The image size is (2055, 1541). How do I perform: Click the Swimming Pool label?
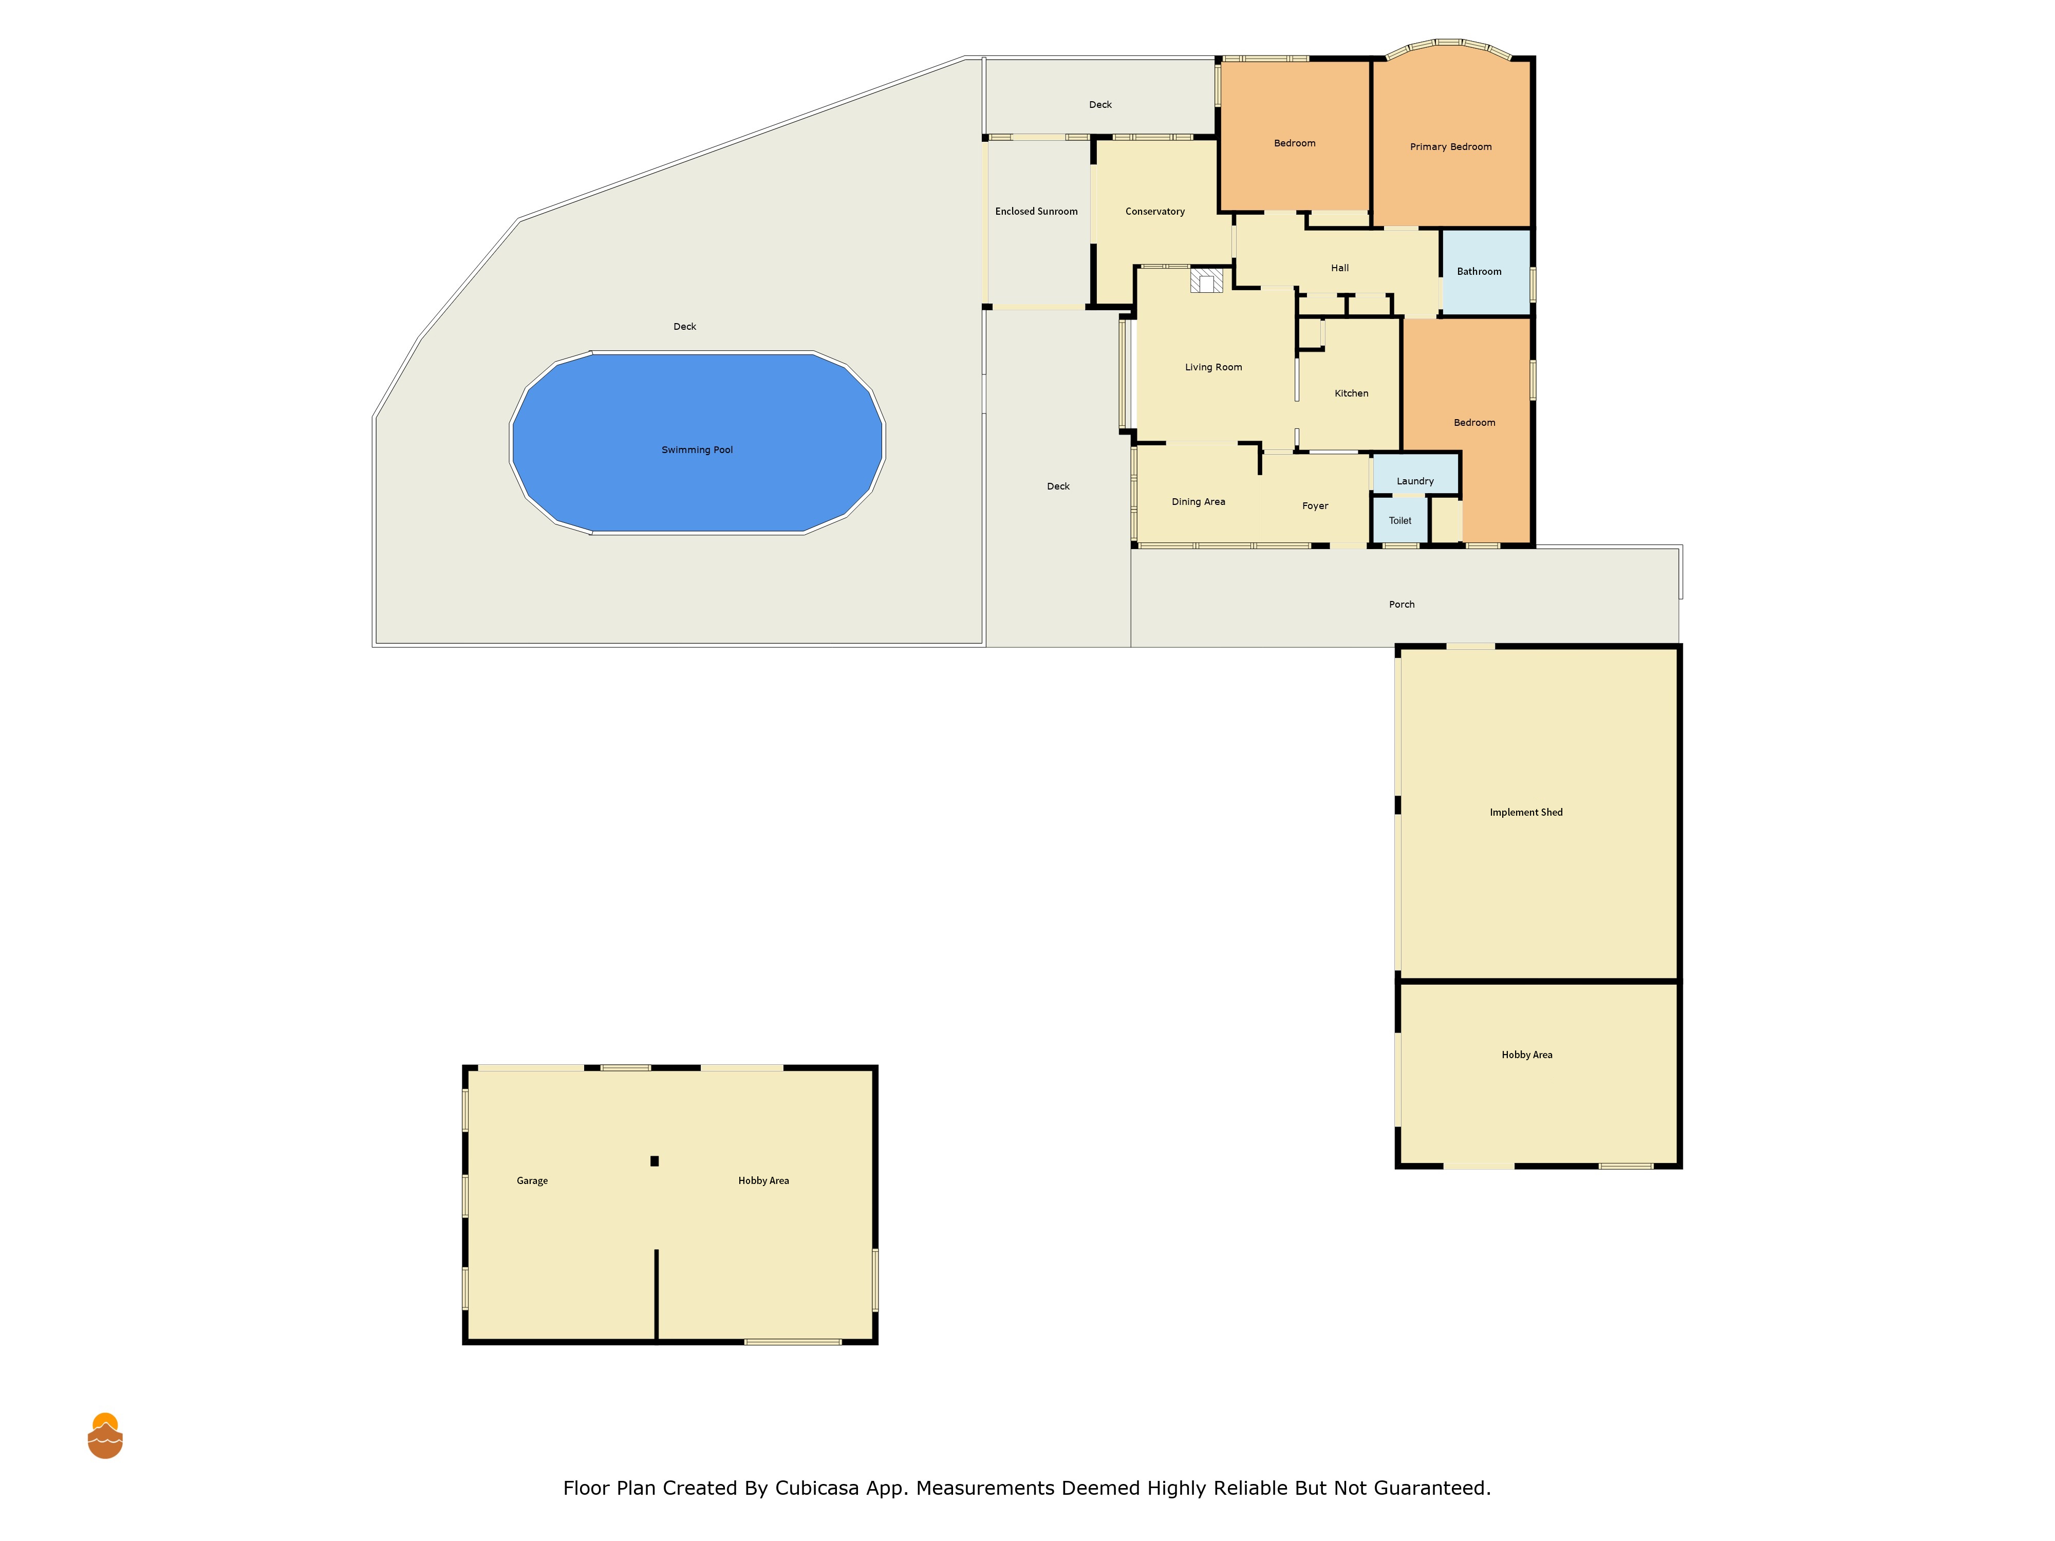[697, 449]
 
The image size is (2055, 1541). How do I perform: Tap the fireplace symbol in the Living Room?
[1207, 280]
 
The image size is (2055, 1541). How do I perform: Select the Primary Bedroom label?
[1450, 147]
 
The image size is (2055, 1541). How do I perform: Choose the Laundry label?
[1415, 481]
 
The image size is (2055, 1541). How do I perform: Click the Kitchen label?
[1352, 393]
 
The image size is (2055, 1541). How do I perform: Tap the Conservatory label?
[1155, 212]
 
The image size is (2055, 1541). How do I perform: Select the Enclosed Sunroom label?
[1036, 212]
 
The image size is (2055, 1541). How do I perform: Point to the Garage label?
[532, 1180]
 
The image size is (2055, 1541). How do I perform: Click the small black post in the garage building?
[654, 1161]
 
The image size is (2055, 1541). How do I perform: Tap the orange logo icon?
[105, 1436]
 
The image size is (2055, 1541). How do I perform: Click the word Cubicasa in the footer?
[817, 1488]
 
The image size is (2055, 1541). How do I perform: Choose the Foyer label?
[1315, 506]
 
